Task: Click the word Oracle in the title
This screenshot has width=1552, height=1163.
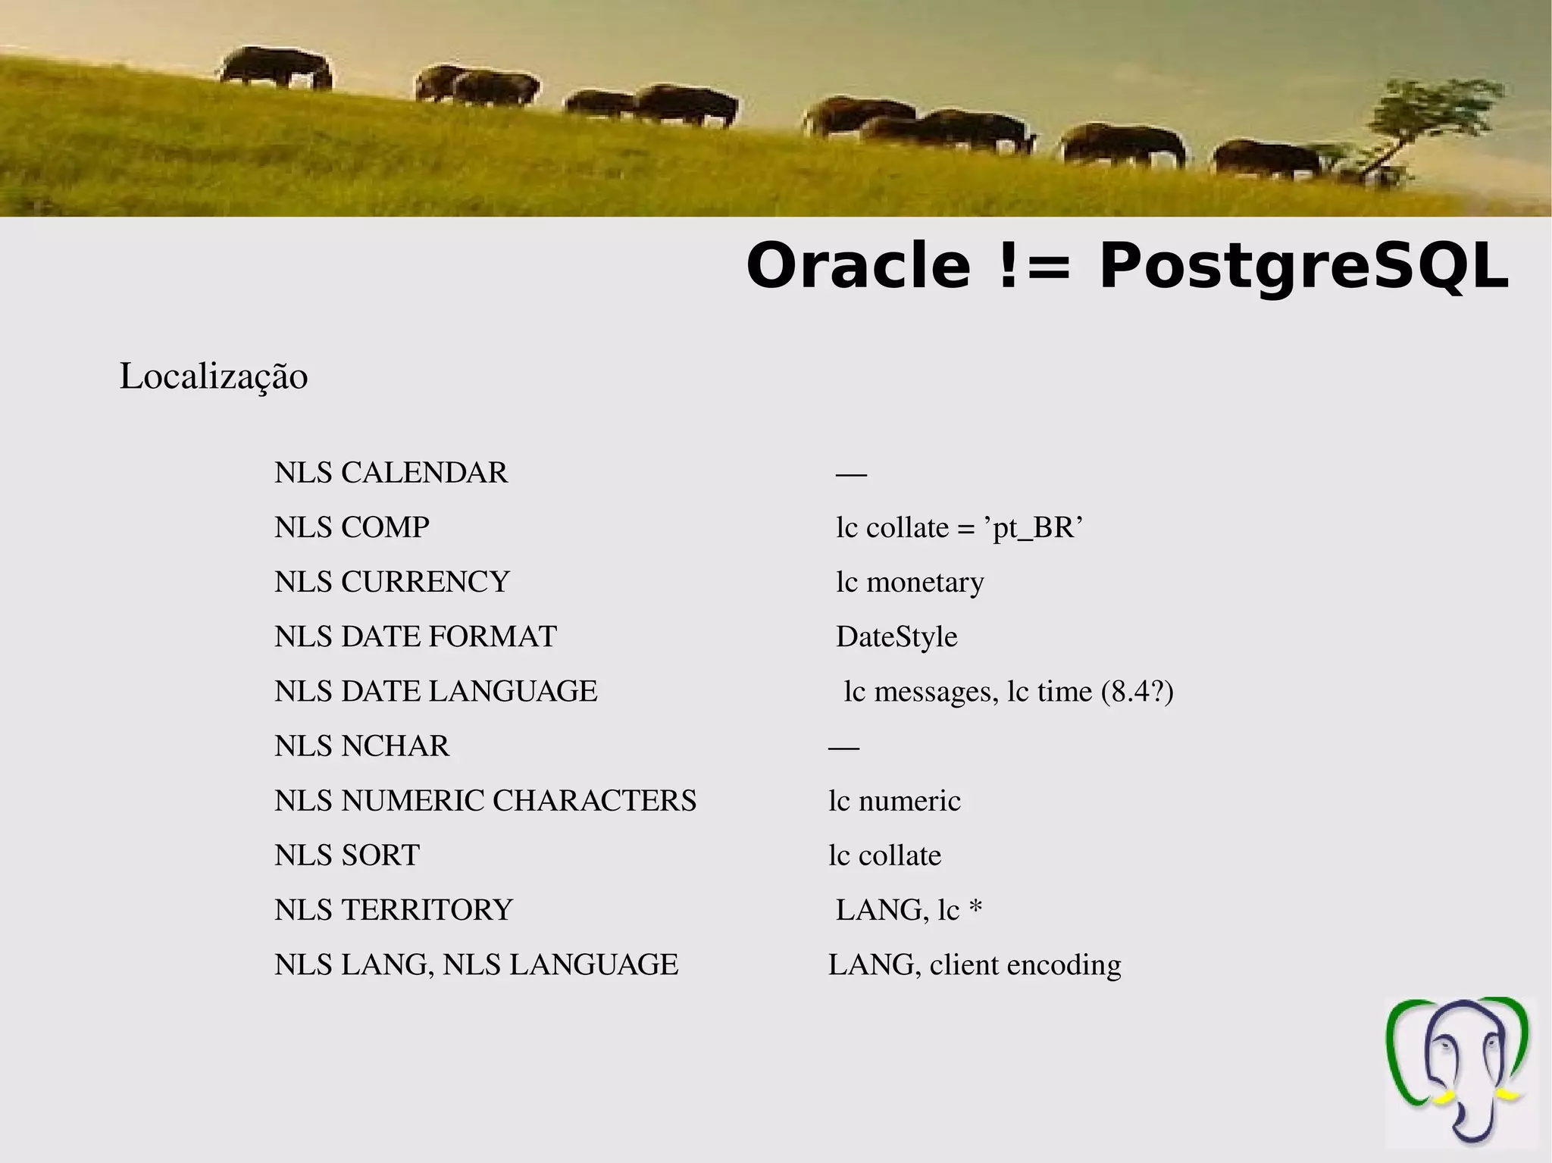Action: pos(858,266)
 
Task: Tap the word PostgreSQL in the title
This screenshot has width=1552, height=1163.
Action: pos(1303,267)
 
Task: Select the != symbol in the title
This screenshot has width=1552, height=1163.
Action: pos(1034,267)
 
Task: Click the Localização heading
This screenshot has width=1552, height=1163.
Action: pos(214,377)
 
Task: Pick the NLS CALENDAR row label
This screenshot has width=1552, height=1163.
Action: pos(391,473)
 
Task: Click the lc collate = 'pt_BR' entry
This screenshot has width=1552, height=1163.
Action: pos(959,527)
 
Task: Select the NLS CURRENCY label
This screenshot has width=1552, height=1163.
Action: pos(392,582)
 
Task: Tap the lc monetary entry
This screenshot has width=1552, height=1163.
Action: pos(909,582)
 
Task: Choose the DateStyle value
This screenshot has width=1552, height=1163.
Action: pos(896,636)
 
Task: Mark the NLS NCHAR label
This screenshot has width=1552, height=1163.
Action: pos(361,746)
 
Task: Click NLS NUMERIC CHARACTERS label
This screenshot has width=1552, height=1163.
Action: pos(485,801)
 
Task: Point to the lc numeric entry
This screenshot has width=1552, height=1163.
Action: pos(894,801)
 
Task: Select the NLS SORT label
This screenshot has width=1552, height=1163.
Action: pos(346,855)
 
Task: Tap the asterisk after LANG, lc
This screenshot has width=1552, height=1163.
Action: pos(975,908)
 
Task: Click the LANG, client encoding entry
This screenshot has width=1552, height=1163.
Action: pos(975,965)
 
